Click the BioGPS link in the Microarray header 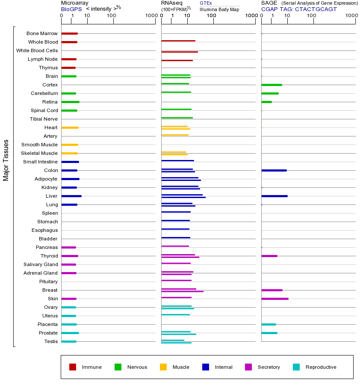click(71, 9)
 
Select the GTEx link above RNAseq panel click(206, 3)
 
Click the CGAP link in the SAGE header click(269, 9)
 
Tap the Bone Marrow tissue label click(42, 33)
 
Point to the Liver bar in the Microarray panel click(71, 196)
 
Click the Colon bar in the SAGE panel click(274, 170)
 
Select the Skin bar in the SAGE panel click(274, 299)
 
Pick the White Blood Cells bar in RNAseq click(180, 52)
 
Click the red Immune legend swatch click(73, 367)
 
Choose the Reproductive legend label click(321, 367)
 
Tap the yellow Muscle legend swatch click(163, 367)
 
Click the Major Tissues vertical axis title click(6, 160)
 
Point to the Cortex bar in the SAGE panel click(271, 85)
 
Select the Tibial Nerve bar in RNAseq click(177, 118)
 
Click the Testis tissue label click(51, 341)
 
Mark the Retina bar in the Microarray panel click(71, 102)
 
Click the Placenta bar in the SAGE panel click(269, 324)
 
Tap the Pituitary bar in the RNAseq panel click(176, 280)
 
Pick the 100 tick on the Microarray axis click(112, 16)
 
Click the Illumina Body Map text click(219, 9)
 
